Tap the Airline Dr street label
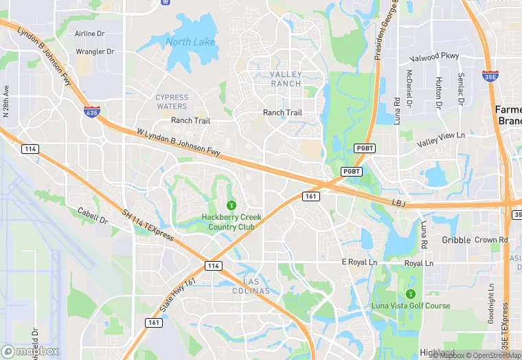coord(89,33)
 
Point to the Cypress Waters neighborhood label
coord(171,102)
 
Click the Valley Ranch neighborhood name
coord(286,78)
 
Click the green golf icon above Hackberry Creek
coord(231,205)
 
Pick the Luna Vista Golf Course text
coord(411,306)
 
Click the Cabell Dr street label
coord(93,215)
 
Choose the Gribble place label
coord(456,240)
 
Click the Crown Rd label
coord(490,240)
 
